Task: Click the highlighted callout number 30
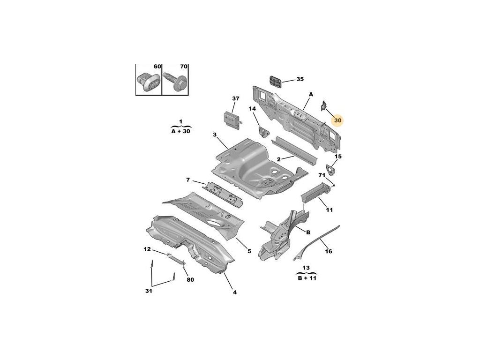pyautogui.click(x=338, y=120)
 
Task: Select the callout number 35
pyautogui.click(x=300, y=79)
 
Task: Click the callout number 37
pyautogui.click(x=236, y=98)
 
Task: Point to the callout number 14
pyautogui.click(x=252, y=109)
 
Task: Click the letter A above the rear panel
pyautogui.click(x=310, y=94)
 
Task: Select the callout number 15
pyautogui.click(x=338, y=156)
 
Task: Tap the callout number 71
pyautogui.click(x=322, y=175)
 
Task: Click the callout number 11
pyautogui.click(x=330, y=210)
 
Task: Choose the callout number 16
pyautogui.click(x=329, y=251)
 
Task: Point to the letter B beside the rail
pyautogui.click(x=308, y=232)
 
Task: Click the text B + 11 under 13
pyautogui.click(x=307, y=277)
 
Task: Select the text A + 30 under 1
pyautogui.click(x=181, y=132)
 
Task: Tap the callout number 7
pyautogui.click(x=187, y=180)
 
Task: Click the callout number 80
pyautogui.click(x=190, y=280)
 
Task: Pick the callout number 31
pyautogui.click(x=148, y=291)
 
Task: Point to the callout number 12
pyautogui.click(x=147, y=249)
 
